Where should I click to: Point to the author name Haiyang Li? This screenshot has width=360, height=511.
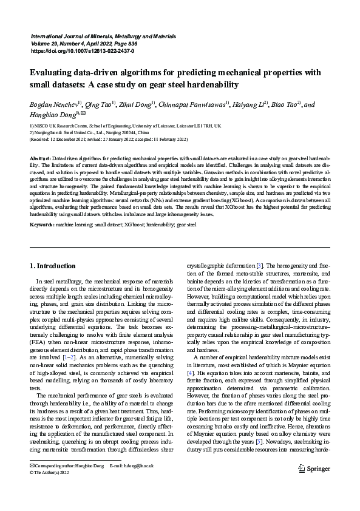point(250,105)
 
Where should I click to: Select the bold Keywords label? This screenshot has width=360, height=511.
point(41,225)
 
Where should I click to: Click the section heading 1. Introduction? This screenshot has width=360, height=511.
point(53,266)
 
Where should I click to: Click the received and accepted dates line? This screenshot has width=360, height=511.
point(101,139)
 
